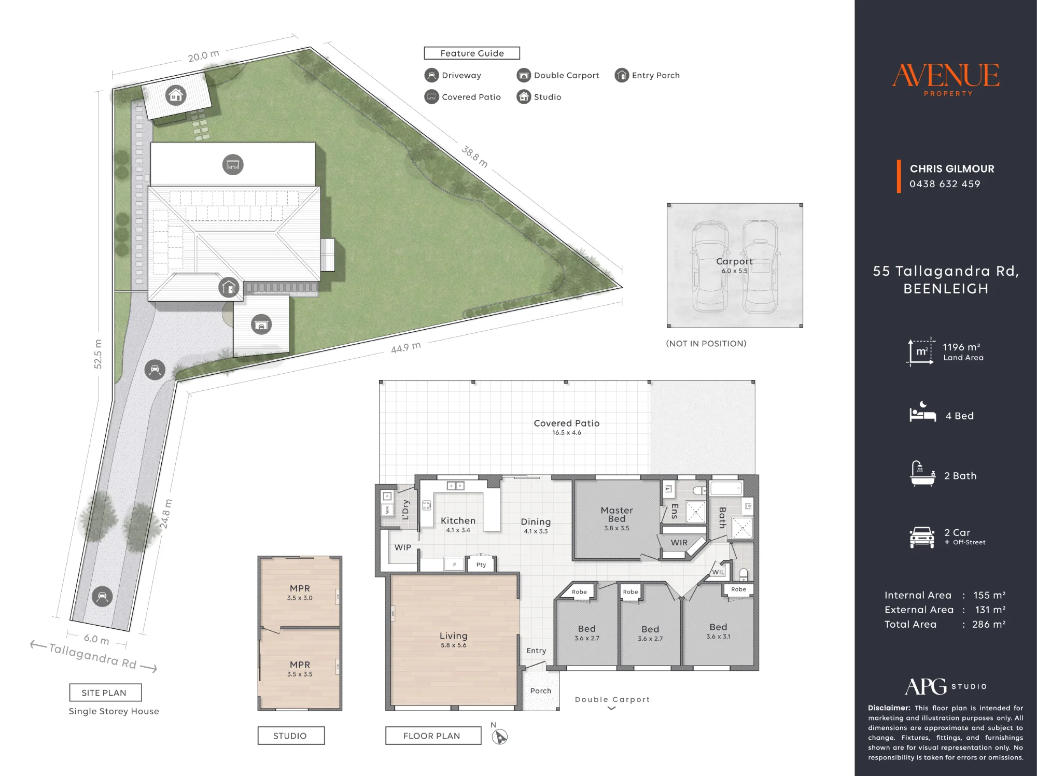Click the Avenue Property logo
pyautogui.click(x=946, y=80)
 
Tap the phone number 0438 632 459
pyautogui.click(x=945, y=184)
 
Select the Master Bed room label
pyautogui.click(x=616, y=514)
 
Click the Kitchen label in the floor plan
pyautogui.click(x=458, y=520)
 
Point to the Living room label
pyautogui.click(x=454, y=636)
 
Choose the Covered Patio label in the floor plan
pyautogui.click(x=567, y=423)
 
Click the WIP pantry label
pyautogui.click(x=403, y=547)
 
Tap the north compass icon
pyautogui.click(x=500, y=736)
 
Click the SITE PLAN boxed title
pyautogui.click(x=106, y=693)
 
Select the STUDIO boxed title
pyautogui.click(x=291, y=736)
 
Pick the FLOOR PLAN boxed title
pyautogui.click(x=433, y=736)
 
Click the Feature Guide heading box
pyautogui.click(x=472, y=53)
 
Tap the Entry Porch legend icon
pyautogui.click(x=622, y=76)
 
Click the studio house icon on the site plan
pyautogui.click(x=176, y=95)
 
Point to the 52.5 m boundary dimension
pyautogui.click(x=98, y=354)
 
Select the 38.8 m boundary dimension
pyautogui.click(x=475, y=157)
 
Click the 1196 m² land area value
pyautogui.click(x=961, y=347)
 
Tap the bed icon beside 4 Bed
pyautogui.click(x=922, y=412)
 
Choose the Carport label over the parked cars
pyautogui.click(x=734, y=261)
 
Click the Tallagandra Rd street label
pyautogui.click(x=93, y=656)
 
